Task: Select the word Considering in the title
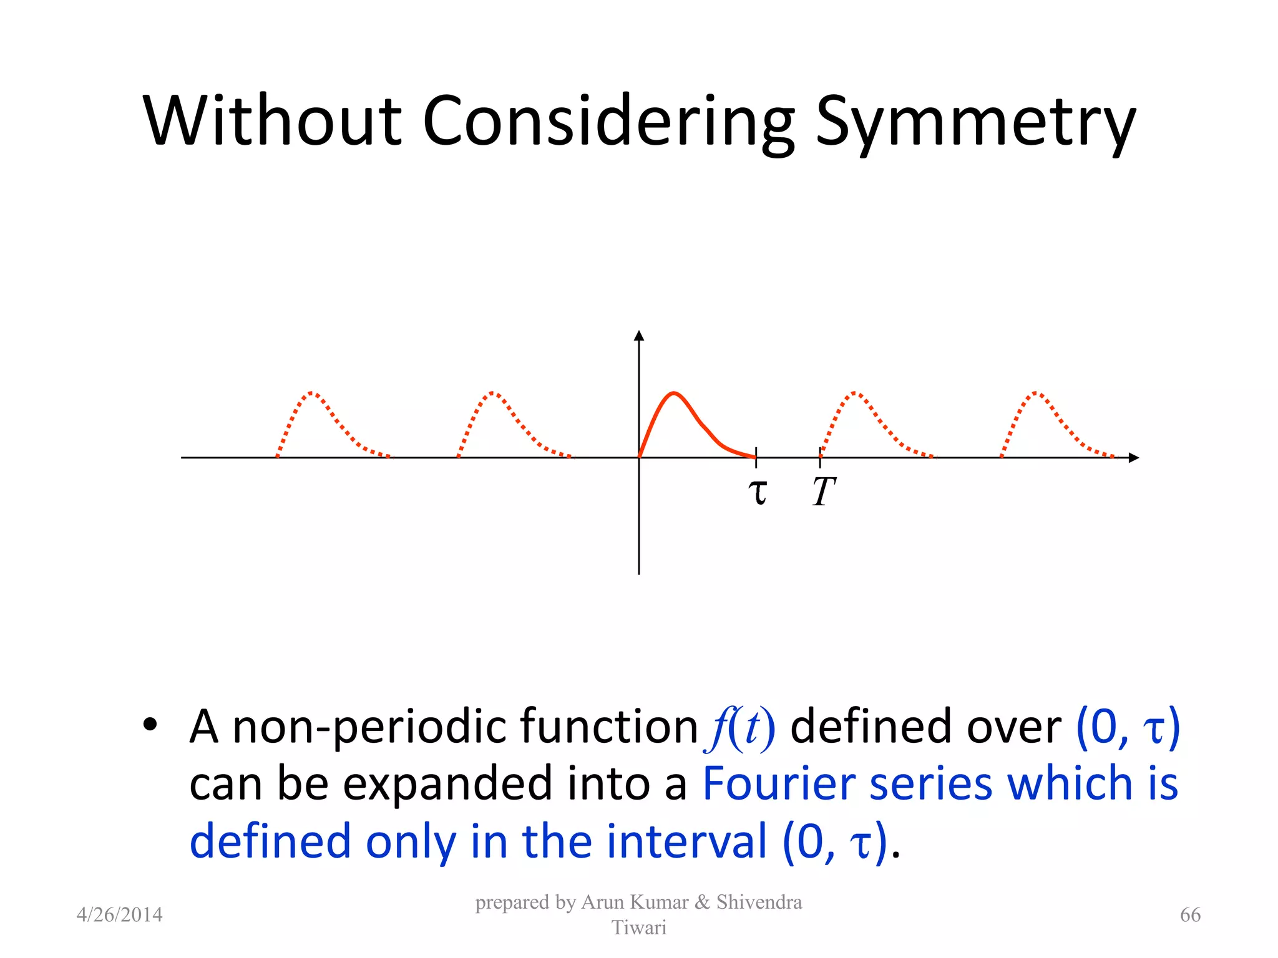[608, 122]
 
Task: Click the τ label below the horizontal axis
[758, 491]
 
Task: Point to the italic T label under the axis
[823, 491]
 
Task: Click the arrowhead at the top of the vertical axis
[638, 336]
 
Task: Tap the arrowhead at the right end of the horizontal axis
[1134, 458]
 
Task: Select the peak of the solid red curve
[674, 393]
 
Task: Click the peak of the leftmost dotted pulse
[313, 393]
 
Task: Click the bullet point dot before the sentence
[150, 725]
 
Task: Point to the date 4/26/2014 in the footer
[119, 915]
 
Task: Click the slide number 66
[1190, 915]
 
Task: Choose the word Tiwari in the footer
[638, 927]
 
